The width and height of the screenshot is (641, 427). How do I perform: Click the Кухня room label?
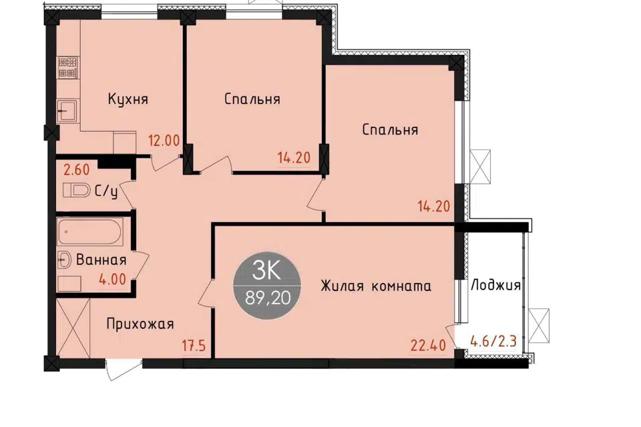pos(128,99)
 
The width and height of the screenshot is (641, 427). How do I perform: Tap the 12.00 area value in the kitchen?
pos(164,141)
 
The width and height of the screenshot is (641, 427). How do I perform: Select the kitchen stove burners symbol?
pos(68,68)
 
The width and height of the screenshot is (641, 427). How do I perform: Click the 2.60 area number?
pos(77,169)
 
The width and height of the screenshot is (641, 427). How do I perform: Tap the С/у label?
pos(106,191)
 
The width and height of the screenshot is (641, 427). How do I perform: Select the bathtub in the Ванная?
pos(90,232)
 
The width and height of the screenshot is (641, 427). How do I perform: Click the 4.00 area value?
pos(112,279)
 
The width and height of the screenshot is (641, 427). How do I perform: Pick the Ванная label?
pos(101,260)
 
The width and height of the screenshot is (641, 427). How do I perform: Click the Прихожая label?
pos(140,324)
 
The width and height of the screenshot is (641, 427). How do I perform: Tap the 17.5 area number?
pos(194,346)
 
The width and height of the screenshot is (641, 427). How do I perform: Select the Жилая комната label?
pos(376,286)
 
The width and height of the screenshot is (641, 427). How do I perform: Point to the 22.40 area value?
pos(428,346)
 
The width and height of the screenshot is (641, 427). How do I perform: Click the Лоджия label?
pos(496,285)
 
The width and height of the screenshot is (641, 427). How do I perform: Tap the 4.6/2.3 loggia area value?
pos(494,341)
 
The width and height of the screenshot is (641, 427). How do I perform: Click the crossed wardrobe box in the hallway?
pos(73,328)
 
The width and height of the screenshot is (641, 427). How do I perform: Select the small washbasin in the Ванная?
pos(63,260)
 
